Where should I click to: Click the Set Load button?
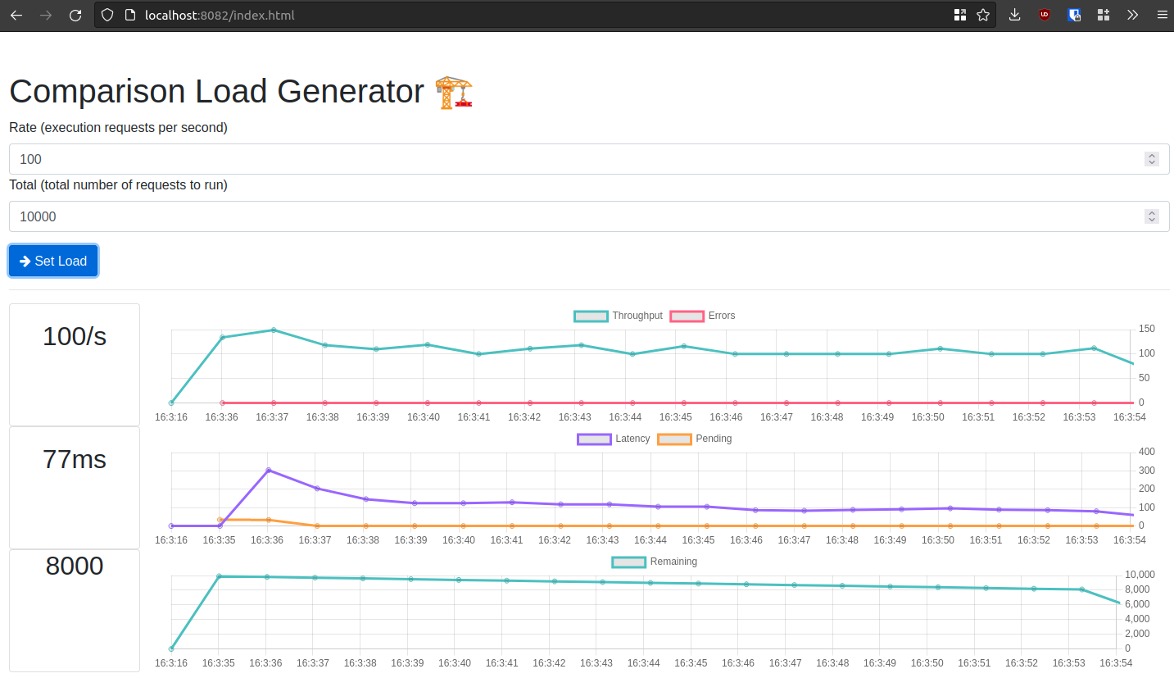click(53, 261)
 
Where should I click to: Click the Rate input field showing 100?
click(573, 159)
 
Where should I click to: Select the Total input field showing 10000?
click(573, 216)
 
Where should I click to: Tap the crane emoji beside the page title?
click(453, 92)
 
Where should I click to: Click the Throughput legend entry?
click(619, 316)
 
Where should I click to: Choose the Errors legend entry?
click(703, 316)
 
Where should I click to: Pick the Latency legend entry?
click(614, 439)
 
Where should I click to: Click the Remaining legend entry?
click(655, 562)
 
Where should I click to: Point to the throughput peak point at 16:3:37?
click(274, 330)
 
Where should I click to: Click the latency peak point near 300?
click(268, 471)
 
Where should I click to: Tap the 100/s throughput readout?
click(75, 336)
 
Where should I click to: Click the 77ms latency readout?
click(75, 459)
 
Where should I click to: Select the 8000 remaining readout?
click(75, 566)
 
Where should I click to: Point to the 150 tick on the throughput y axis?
click(1147, 329)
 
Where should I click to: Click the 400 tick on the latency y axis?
click(1147, 452)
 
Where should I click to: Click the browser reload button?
click(75, 15)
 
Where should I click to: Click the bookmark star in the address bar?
click(983, 15)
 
